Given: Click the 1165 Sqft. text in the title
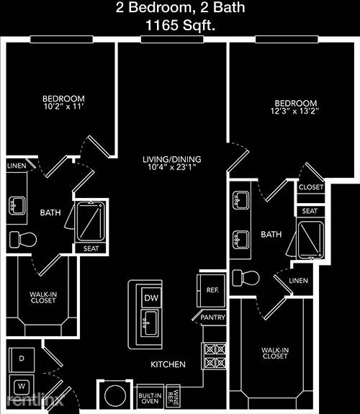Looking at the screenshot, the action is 180,26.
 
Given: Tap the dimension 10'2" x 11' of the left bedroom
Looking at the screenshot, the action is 63,107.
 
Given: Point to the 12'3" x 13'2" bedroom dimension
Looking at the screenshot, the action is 294,111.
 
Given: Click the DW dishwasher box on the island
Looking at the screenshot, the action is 151,298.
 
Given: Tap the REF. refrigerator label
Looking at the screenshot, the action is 212,290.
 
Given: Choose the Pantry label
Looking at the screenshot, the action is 212,317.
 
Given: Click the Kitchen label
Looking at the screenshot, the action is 168,364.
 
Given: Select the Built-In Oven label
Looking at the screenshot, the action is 150,398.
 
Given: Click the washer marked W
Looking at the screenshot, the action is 22,387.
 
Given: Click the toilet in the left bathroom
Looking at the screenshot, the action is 23,240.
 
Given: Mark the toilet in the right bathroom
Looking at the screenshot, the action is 246,278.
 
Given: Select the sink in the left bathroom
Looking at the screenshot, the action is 17,206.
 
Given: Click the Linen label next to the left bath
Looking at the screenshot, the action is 17,166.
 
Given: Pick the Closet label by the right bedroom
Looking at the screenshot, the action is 311,187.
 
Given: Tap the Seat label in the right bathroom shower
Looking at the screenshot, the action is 310,211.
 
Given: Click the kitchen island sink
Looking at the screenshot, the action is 150,323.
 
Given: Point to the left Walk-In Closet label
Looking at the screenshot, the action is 43,297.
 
